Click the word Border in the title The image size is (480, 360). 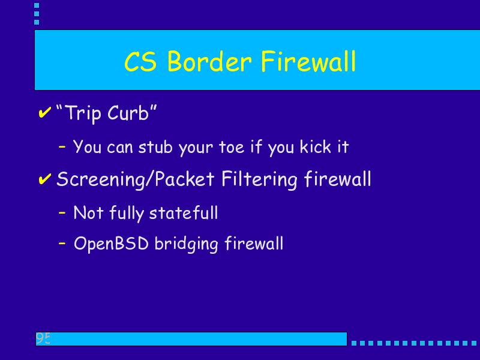point(209,61)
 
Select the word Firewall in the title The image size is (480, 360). point(308,61)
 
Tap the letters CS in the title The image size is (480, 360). point(140,61)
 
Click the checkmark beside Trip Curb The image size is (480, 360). point(44,112)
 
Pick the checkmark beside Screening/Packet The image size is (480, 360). point(44,179)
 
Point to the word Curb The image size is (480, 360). point(128,113)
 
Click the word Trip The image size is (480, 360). point(83,113)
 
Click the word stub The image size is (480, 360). point(155,146)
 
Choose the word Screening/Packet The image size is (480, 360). point(136,179)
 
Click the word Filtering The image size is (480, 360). point(259,179)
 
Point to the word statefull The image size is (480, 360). point(184,212)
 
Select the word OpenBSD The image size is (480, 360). point(111,244)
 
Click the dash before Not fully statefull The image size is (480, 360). point(62,212)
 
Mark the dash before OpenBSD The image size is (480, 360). point(62,244)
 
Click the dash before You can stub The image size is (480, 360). point(62,146)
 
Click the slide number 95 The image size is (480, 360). point(43,338)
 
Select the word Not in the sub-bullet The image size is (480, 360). point(88,212)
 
